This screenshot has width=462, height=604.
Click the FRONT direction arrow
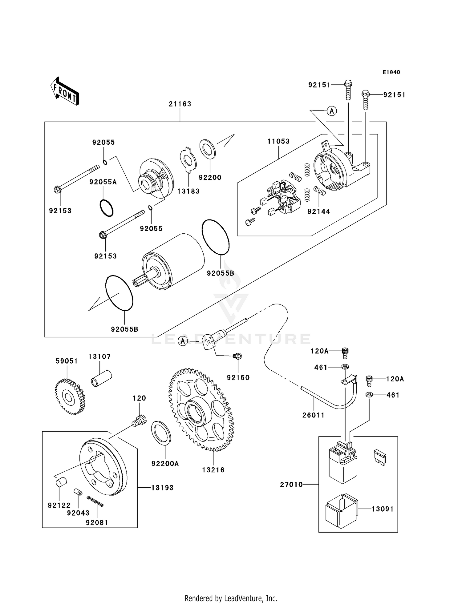pyautogui.click(x=65, y=91)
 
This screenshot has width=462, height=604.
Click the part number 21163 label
pyautogui.click(x=180, y=104)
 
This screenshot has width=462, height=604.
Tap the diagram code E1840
pyautogui.click(x=391, y=72)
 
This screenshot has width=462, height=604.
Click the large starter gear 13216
pyautogui.click(x=201, y=410)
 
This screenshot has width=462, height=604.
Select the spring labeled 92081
pyautogui.click(x=95, y=501)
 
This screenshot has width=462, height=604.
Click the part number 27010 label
pyautogui.click(x=291, y=485)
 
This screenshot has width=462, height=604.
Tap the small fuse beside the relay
pyautogui.click(x=379, y=457)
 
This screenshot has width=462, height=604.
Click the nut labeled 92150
pyautogui.click(x=237, y=356)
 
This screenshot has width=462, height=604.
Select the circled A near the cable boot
pyautogui.click(x=183, y=341)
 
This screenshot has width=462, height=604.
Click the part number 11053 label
pyautogui.click(x=278, y=141)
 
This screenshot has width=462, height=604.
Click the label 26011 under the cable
pyautogui.click(x=313, y=415)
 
